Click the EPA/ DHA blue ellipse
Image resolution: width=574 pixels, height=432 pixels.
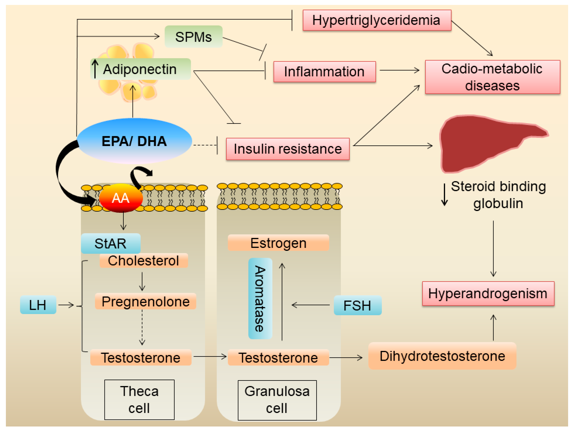click(x=134, y=141)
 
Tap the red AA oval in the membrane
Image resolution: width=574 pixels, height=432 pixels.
click(x=121, y=198)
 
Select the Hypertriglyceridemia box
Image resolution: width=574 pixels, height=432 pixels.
click(x=377, y=20)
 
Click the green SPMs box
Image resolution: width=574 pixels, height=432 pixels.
click(x=194, y=37)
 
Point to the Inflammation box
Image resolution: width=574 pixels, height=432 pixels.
click(x=324, y=72)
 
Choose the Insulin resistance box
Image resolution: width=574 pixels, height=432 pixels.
click(x=288, y=149)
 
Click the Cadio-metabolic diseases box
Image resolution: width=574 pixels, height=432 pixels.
click(x=492, y=77)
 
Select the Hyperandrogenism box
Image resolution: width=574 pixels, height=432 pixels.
click(x=488, y=293)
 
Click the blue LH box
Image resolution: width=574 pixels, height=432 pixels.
click(x=38, y=305)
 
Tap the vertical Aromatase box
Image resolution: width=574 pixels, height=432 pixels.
click(x=260, y=298)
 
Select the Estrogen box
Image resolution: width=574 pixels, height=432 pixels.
click(x=278, y=243)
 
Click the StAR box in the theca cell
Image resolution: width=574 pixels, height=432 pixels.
click(x=111, y=243)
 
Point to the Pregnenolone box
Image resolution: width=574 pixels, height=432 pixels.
click(x=145, y=301)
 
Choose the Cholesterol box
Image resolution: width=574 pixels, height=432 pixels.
click(x=143, y=260)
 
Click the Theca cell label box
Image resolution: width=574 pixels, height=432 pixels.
click(x=139, y=400)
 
